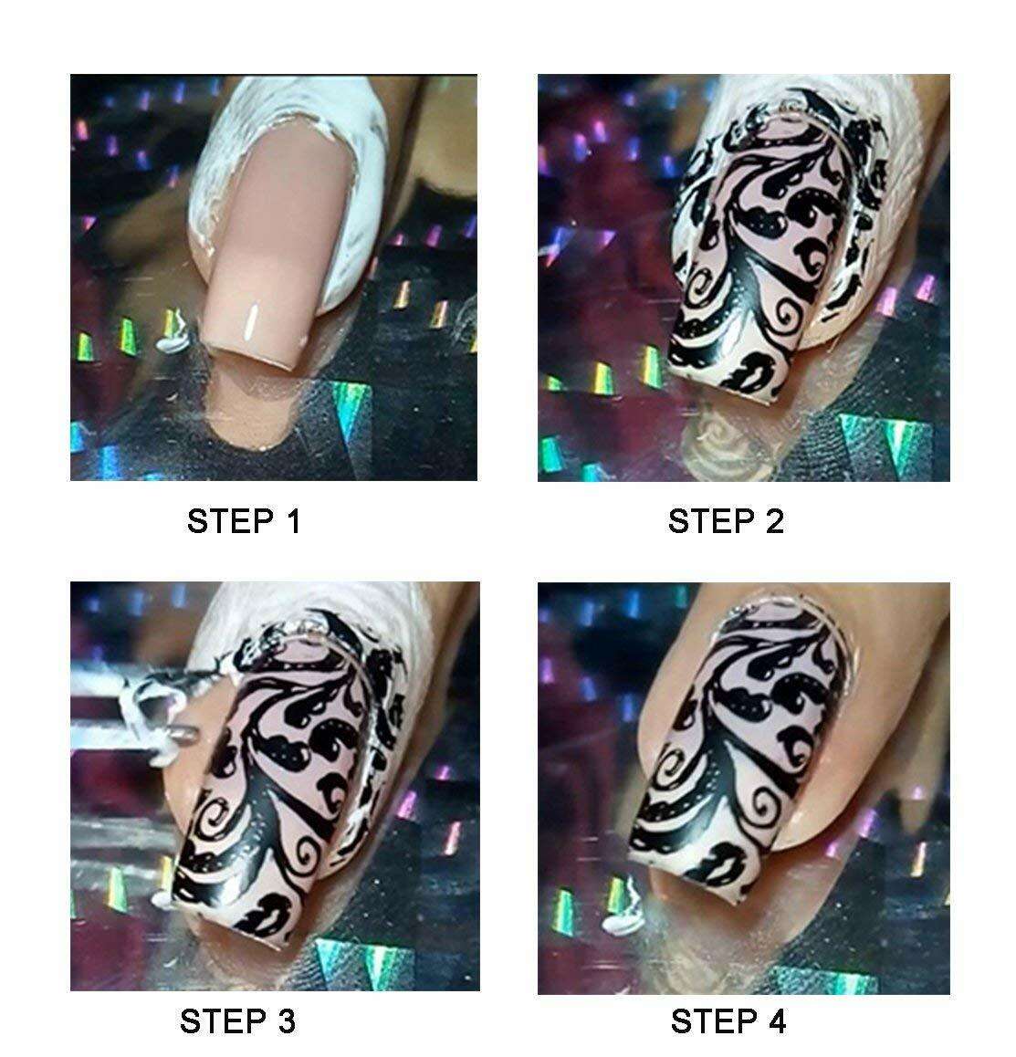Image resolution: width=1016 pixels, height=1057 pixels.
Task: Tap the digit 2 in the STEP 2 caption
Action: point(775,521)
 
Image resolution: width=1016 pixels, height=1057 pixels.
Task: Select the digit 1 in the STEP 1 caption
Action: point(292,521)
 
